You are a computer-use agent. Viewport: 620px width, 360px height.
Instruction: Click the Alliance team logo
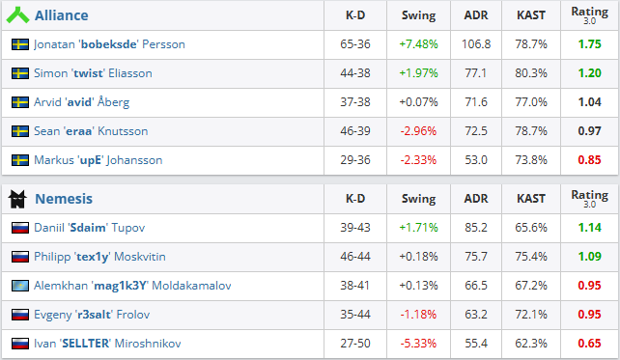[x=17, y=15]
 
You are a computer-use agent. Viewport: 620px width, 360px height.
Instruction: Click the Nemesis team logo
[x=17, y=199]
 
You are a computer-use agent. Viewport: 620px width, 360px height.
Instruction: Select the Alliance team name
[x=62, y=15]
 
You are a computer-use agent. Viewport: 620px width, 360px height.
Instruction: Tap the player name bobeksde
[x=109, y=44]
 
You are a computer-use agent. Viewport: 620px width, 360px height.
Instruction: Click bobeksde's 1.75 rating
[x=589, y=44]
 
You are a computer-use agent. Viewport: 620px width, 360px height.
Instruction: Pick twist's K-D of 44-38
[x=355, y=73]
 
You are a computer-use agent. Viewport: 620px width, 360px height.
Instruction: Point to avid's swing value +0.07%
[x=418, y=102]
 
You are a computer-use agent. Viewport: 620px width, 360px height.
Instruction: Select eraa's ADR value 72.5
[x=476, y=131]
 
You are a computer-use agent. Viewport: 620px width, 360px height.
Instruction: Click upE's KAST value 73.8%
[x=531, y=160]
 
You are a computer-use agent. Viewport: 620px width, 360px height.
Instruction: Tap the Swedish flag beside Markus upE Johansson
[x=20, y=160]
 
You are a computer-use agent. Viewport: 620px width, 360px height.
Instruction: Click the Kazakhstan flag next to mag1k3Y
[x=20, y=286]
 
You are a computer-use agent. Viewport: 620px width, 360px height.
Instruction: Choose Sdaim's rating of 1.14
[x=589, y=228]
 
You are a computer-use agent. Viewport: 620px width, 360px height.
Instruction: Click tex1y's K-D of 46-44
[x=355, y=257]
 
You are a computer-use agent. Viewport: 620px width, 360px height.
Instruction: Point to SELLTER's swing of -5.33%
[x=418, y=344]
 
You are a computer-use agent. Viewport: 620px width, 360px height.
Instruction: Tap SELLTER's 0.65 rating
[x=589, y=344]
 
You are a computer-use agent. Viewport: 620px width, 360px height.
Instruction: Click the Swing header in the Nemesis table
[x=419, y=199]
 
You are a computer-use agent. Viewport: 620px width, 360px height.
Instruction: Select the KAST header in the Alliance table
[x=531, y=15]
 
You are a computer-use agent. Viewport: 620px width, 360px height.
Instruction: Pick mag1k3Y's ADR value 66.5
[x=476, y=286]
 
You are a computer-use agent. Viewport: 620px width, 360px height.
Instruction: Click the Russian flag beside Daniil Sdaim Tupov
[x=20, y=228]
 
